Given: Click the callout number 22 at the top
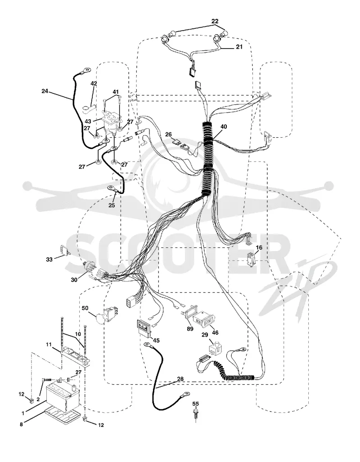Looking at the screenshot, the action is tap(215, 21).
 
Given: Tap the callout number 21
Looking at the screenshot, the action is tap(239, 46).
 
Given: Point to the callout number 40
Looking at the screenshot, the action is tap(224, 126).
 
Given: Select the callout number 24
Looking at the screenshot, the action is tap(45, 91).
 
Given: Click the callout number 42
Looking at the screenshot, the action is tap(94, 84).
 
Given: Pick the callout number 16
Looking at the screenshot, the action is tap(259, 247).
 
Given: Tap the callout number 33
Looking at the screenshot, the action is tap(49, 259).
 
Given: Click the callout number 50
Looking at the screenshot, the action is tap(85, 308).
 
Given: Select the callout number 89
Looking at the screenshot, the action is tap(190, 329).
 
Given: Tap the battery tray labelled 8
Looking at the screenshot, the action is tap(63, 416).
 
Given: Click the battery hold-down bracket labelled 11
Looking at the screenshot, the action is tap(76, 357).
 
